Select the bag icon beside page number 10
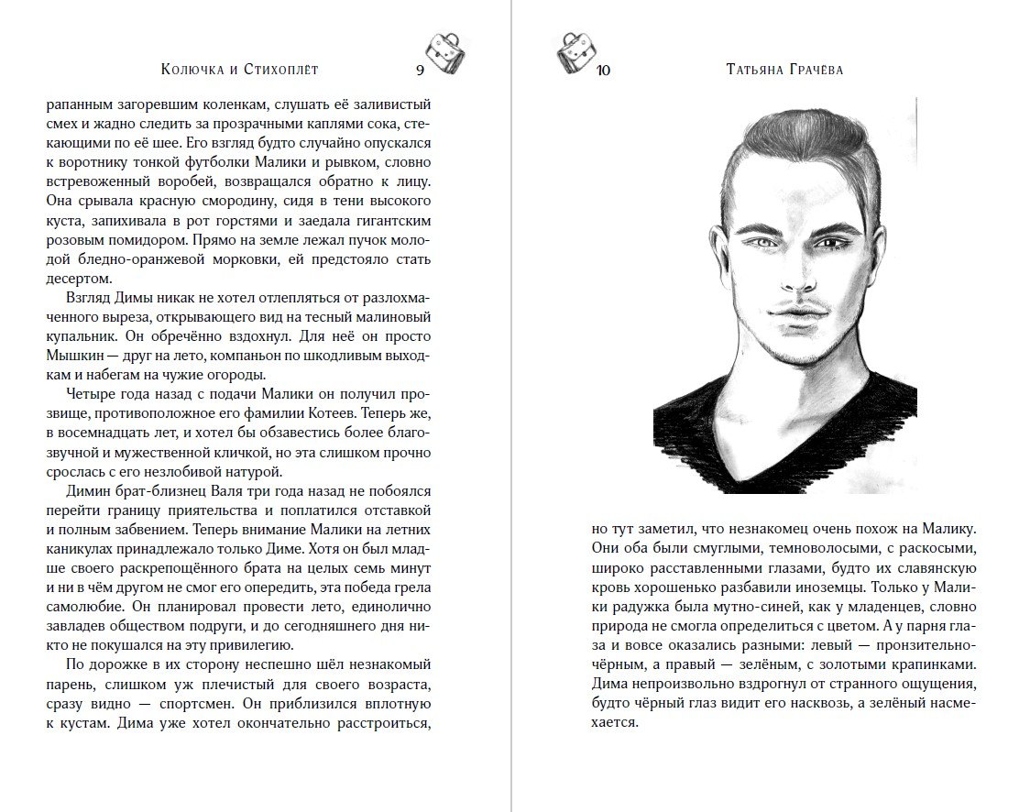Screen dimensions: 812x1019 tap(575, 52)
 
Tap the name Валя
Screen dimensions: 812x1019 tap(225, 491)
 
